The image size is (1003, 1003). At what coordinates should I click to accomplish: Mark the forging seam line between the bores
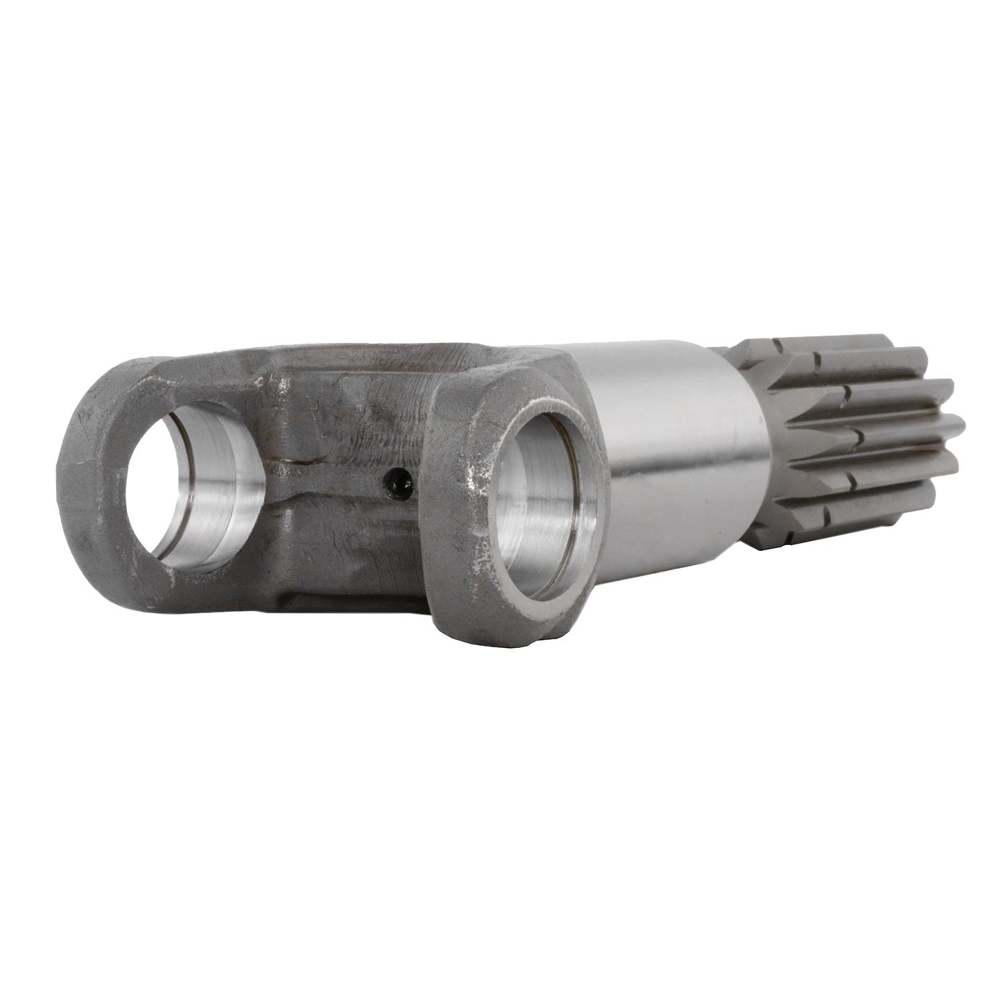pyautogui.click(x=334, y=461)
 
